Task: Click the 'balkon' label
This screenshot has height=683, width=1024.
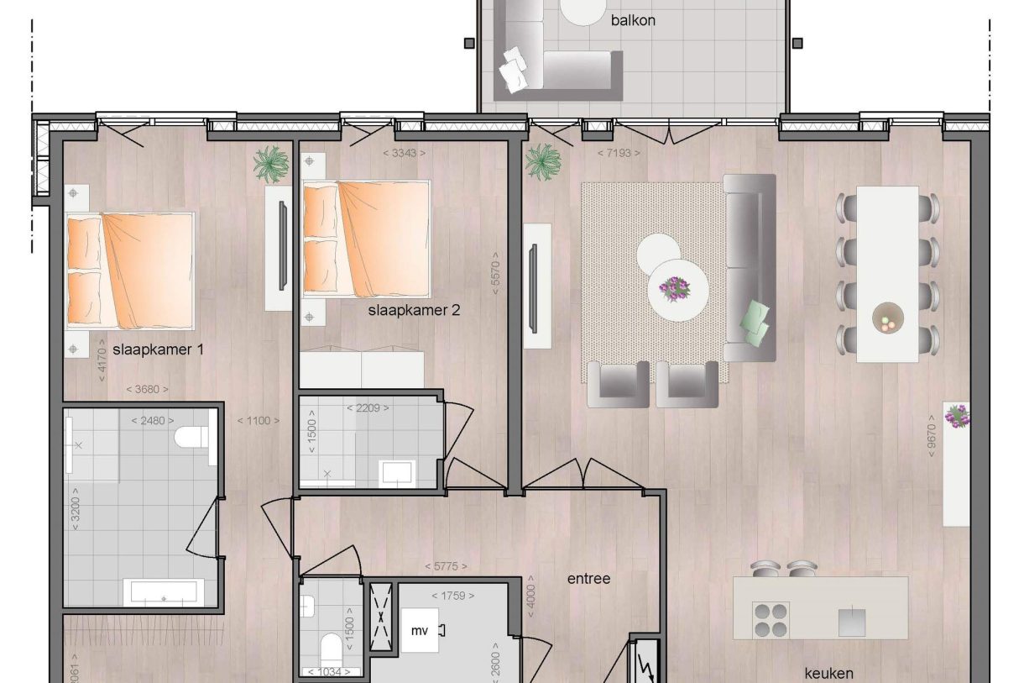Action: tap(633, 20)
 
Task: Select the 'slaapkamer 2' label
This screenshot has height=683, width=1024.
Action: tap(414, 310)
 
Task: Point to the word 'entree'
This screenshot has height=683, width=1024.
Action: tap(588, 579)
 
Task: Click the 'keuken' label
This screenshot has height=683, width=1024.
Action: tap(828, 673)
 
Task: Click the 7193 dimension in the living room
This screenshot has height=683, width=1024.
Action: tap(619, 153)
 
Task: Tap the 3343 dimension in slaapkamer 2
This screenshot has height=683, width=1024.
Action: tap(403, 153)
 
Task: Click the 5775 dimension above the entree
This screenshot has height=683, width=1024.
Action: tap(446, 566)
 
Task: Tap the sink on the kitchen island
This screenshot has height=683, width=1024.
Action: tap(853, 622)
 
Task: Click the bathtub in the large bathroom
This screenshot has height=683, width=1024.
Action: tap(164, 592)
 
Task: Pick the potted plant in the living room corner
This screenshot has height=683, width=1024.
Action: tap(543, 160)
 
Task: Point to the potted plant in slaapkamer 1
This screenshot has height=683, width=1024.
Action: tap(271, 164)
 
